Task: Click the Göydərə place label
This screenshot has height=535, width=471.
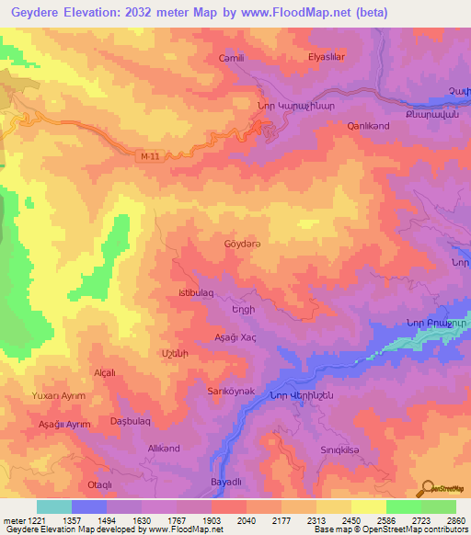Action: pos(243,245)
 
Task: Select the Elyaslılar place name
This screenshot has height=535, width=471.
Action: pos(326,57)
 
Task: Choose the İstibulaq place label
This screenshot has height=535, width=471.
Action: pos(195,292)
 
